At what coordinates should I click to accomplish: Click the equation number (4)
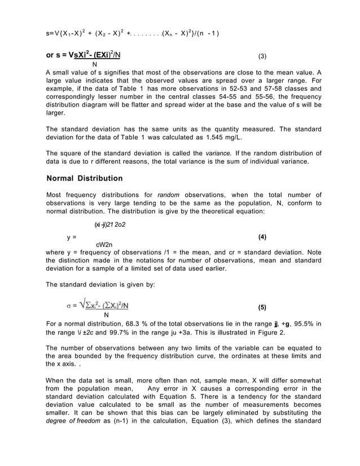(261, 236)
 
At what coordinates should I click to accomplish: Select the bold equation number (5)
(262, 307)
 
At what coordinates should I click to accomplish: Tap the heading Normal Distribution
(84, 178)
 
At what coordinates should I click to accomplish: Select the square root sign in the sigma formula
(83, 305)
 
